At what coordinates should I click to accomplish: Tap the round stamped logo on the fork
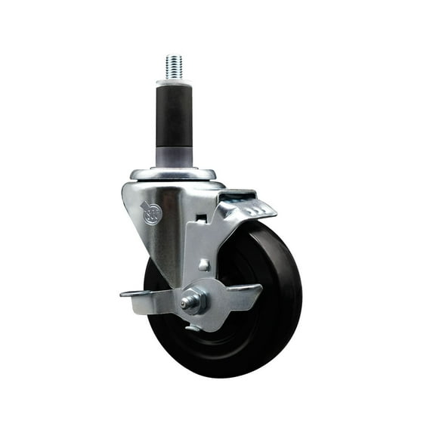pyautogui.click(x=151, y=214)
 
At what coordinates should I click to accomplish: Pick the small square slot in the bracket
pyautogui.click(x=201, y=218)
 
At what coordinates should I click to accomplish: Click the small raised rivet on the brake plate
pyautogui.click(x=204, y=264)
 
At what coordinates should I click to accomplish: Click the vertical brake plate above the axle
pyautogui.click(x=200, y=249)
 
